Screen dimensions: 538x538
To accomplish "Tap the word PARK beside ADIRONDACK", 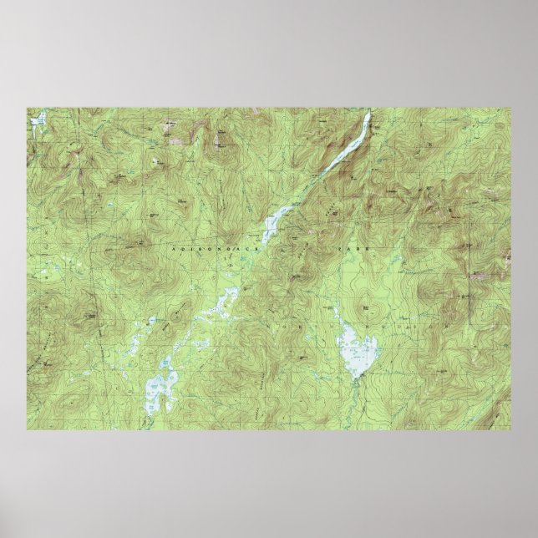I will click(345, 249).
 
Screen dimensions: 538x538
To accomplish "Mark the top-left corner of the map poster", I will click(27, 108).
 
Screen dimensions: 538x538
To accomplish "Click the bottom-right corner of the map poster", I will click(511, 430).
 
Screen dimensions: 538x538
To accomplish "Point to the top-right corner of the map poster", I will click(511, 108).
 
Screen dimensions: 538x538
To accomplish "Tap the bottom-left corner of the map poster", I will click(27, 430).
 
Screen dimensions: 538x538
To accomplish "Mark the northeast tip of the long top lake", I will click(369, 114).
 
